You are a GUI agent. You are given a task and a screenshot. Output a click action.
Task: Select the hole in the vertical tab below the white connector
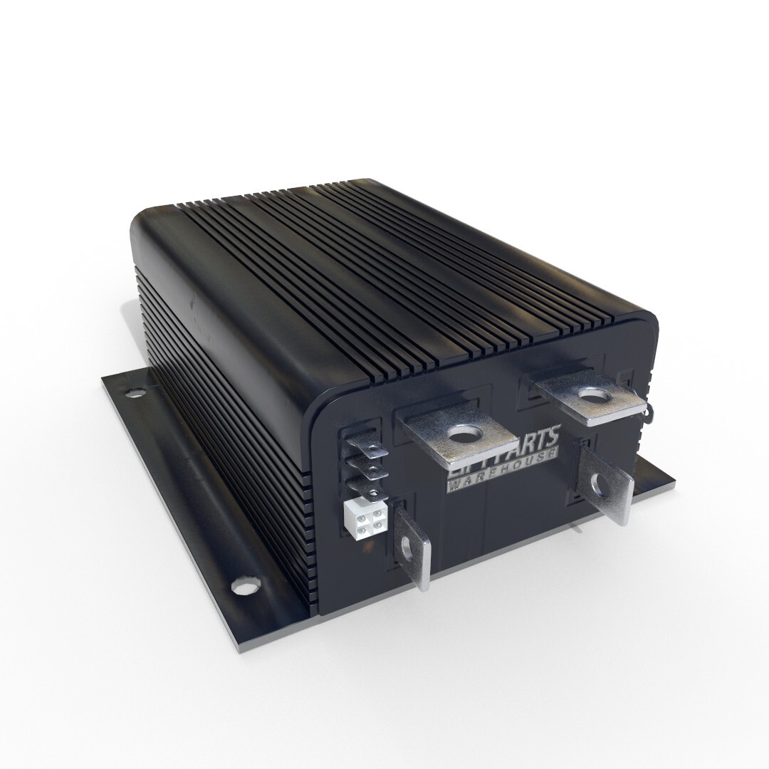pos(409,548)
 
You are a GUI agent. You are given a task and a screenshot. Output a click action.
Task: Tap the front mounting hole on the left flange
pos(244,588)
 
